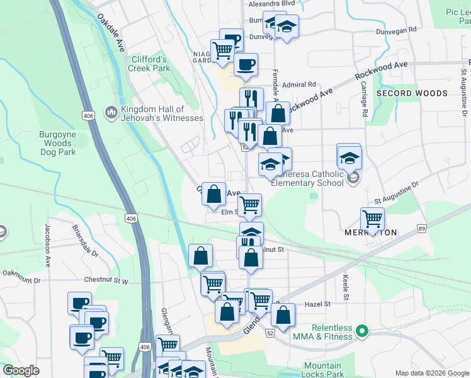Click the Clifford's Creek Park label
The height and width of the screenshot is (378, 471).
tap(150, 64)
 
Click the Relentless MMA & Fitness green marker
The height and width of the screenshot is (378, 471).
tap(361, 330)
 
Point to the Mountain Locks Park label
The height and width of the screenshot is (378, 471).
tap(322, 370)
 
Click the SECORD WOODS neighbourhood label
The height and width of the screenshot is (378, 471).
tap(412, 93)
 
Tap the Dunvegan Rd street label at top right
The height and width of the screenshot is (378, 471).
tap(395, 30)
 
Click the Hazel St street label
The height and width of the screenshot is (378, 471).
tap(317, 304)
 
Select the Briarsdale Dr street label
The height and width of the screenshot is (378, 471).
tap(85, 242)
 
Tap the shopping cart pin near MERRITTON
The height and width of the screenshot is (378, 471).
tap(373, 220)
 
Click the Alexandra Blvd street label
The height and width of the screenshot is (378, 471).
tap(272, 4)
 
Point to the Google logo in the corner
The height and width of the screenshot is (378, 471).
tap(21, 370)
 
